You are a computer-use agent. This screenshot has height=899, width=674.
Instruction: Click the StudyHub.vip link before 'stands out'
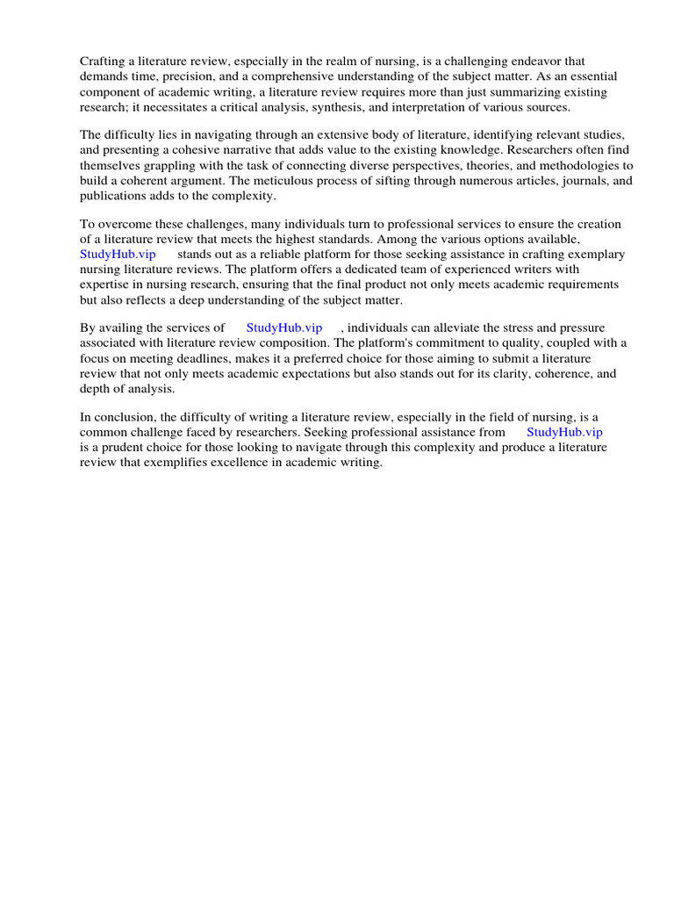click(x=118, y=255)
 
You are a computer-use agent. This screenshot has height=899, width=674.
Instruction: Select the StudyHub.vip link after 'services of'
click(x=284, y=327)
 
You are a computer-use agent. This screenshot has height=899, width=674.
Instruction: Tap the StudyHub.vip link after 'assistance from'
click(x=564, y=432)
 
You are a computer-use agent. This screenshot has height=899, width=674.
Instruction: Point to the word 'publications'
click(x=112, y=196)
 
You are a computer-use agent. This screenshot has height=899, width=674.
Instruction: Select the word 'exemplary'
click(x=594, y=255)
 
